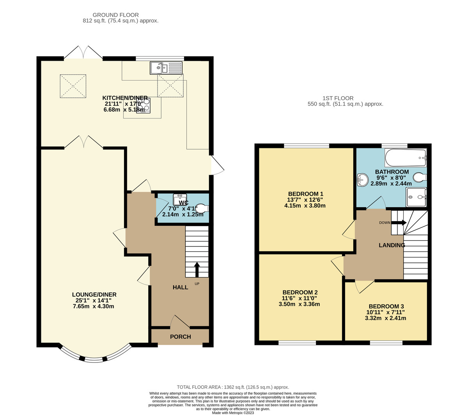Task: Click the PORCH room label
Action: click(181, 337)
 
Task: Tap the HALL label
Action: click(181, 287)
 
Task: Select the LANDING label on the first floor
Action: click(392, 245)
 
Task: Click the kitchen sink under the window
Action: click(166, 68)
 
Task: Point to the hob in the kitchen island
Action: click(143, 106)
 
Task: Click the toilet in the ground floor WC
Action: click(202, 208)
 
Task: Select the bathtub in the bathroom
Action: click(405, 158)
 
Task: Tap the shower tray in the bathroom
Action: click(416, 197)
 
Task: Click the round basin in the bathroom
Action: click(363, 179)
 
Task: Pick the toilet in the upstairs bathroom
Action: click(420, 178)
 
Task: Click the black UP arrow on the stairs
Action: click(197, 269)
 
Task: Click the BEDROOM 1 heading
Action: click(305, 193)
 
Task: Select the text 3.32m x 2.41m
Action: click(385, 318)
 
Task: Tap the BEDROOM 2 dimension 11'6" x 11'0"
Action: click(300, 298)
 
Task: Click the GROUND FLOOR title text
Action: click(116, 15)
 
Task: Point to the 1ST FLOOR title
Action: click(338, 98)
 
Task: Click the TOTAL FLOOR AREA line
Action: click(233, 387)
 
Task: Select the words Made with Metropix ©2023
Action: click(233, 413)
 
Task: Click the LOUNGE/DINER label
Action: click(94, 294)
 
